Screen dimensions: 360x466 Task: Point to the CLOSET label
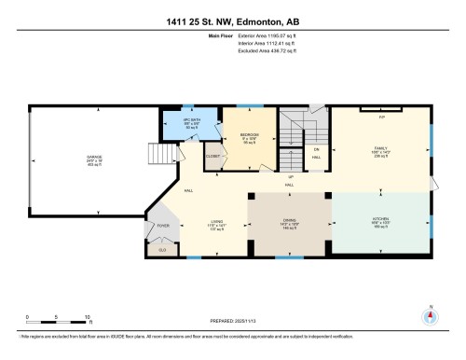(x=212, y=156)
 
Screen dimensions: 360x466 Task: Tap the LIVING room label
(x=216, y=223)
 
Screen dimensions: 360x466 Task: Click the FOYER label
(x=163, y=226)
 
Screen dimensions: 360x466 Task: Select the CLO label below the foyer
(x=162, y=249)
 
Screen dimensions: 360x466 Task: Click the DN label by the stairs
(x=317, y=150)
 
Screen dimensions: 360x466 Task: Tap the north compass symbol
(x=430, y=314)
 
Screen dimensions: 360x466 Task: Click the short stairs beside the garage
(x=163, y=155)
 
